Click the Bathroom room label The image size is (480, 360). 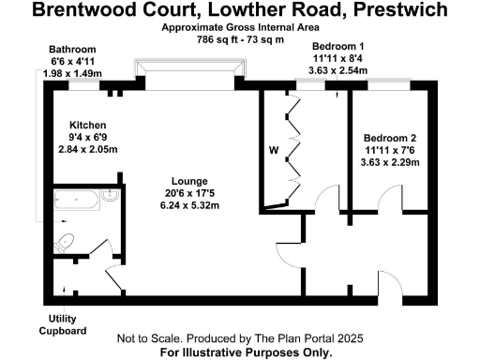pyautogui.click(x=73, y=49)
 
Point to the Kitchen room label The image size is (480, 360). pyautogui.click(x=87, y=125)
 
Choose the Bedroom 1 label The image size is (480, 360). pyautogui.click(x=337, y=46)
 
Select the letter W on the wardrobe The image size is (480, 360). pyautogui.click(x=275, y=149)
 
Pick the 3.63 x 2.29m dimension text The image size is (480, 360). pyautogui.click(x=391, y=161)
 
